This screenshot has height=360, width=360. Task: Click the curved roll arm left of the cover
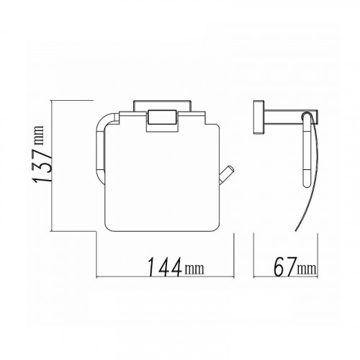[x=102, y=151]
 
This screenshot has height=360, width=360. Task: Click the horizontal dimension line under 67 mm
[x=284, y=279]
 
